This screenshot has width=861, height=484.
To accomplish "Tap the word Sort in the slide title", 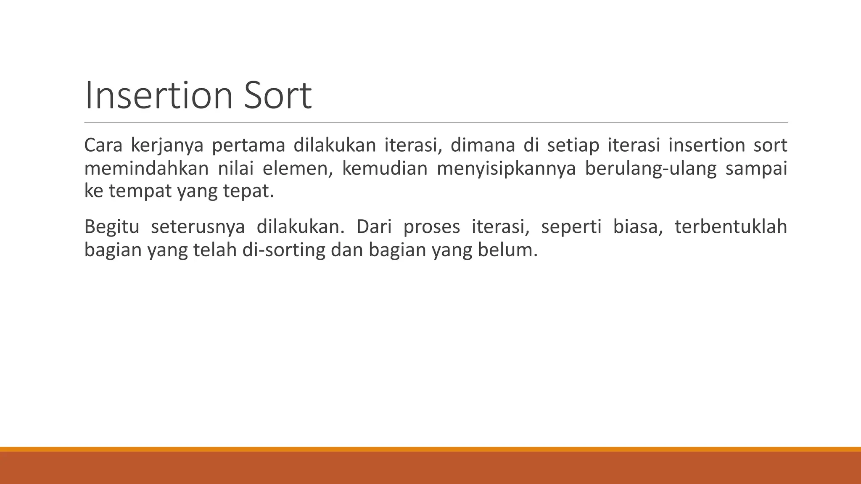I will click(x=275, y=96).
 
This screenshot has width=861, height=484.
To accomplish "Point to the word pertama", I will click(x=248, y=145).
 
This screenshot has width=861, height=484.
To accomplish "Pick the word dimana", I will click(x=483, y=145).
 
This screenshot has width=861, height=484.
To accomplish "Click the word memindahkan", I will click(x=146, y=168).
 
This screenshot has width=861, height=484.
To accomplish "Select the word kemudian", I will click(x=385, y=168).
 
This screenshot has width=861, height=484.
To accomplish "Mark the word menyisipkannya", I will click(x=506, y=168).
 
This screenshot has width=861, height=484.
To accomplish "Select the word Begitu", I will click(x=111, y=227).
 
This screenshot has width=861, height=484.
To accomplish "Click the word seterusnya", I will click(x=198, y=227).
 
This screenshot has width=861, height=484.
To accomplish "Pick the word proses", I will click(x=432, y=227).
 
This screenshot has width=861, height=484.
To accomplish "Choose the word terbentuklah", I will click(x=731, y=227).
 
